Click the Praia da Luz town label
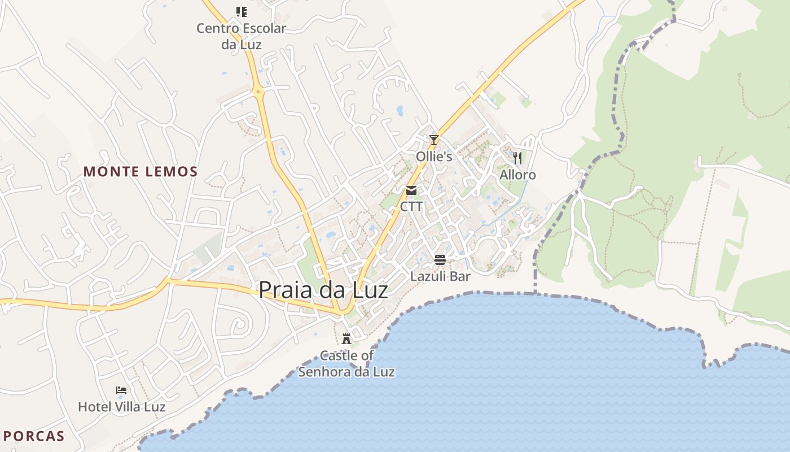(323, 290)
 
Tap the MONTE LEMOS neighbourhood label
(141, 172)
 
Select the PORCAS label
(34, 436)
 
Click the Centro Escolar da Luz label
(242, 36)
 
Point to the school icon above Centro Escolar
(242, 11)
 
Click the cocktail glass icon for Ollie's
(433, 140)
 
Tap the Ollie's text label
(434, 157)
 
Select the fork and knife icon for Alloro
(517, 158)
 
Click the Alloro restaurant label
(517, 175)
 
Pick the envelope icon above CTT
(411, 190)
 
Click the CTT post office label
(411, 207)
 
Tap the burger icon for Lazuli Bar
(440, 260)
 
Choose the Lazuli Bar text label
(440, 277)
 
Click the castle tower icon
(346, 339)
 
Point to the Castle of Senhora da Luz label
(346, 364)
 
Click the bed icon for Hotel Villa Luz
(121, 390)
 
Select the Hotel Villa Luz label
(121, 407)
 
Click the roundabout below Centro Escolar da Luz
(258, 90)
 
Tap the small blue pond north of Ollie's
(400, 110)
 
